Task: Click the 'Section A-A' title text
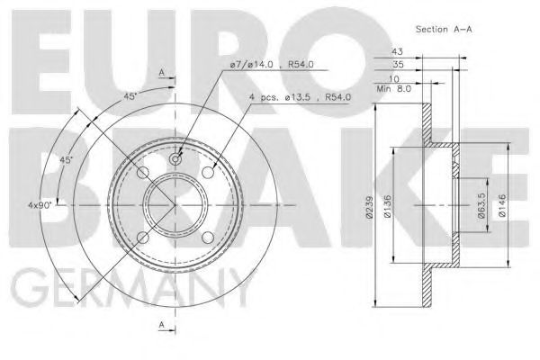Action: click(444, 30)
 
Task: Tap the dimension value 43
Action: click(397, 51)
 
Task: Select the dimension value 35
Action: click(398, 64)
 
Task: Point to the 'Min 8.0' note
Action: click(394, 89)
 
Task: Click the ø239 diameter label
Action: click(370, 207)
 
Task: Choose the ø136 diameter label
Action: click(387, 206)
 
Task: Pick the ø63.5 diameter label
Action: click(481, 206)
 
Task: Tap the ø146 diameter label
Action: click(502, 206)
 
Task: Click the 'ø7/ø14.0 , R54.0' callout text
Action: click(272, 65)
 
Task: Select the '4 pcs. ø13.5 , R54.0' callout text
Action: click(300, 97)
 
